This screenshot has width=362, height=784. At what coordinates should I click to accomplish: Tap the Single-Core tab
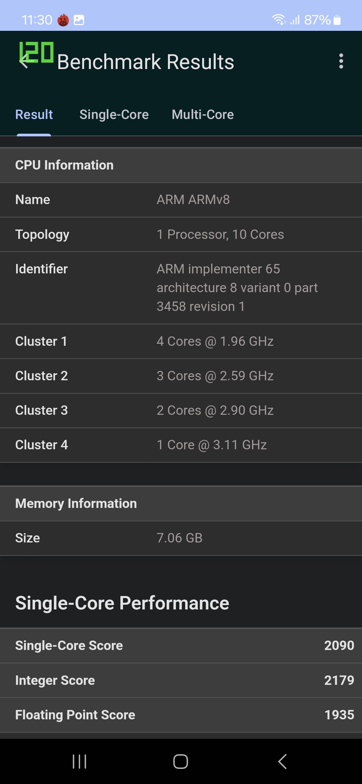click(x=114, y=115)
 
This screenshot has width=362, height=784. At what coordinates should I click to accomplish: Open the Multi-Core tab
click(x=202, y=115)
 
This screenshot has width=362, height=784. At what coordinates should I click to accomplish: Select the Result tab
click(x=34, y=115)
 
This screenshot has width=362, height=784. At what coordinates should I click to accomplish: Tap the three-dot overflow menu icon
click(x=341, y=61)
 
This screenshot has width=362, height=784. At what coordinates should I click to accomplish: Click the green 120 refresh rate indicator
click(x=36, y=52)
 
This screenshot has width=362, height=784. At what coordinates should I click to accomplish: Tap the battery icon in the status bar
click(x=337, y=20)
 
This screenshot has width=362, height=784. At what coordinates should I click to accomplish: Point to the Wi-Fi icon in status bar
click(x=279, y=20)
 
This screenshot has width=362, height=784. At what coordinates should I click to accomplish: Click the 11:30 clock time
click(x=37, y=20)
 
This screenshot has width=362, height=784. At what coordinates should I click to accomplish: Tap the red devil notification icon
click(x=63, y=20)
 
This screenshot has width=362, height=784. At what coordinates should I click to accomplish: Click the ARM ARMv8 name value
click(x=193, y=200)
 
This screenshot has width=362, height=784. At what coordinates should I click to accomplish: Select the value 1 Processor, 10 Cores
click(x=220, y=235)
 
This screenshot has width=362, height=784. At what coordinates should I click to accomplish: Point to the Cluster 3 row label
click(x=42, y=410)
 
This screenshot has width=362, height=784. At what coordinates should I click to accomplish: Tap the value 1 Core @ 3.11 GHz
click(x=212, y=445)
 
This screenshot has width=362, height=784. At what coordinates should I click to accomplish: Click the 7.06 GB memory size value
click(x=179, y=538)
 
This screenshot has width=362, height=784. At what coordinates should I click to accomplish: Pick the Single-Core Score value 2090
click(x=339, y=646)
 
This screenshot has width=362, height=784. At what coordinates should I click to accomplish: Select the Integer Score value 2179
click(x=339, y=680)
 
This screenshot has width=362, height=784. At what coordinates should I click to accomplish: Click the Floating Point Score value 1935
click(x=339, y=715)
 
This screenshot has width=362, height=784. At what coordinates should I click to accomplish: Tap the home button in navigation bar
click(x=181, y=762)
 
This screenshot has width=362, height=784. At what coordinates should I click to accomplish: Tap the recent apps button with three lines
click(x=79, y=762)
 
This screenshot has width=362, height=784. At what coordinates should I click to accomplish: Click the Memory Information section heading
click(x=76, y=504)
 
